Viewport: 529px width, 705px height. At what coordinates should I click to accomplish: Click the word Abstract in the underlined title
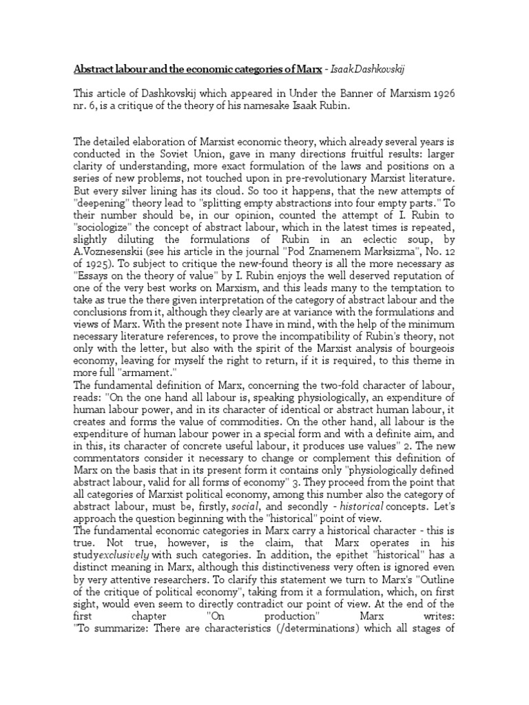94,70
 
